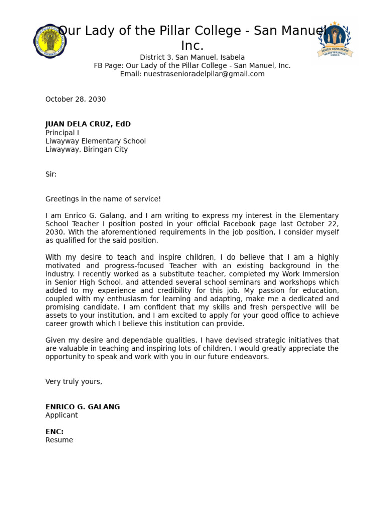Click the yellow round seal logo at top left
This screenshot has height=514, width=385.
[x=50, y=41]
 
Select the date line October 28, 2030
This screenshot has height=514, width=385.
[x=75, y=99]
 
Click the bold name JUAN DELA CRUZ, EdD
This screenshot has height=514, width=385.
[x=88, y=124]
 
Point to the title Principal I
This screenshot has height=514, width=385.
[x=62, y=133]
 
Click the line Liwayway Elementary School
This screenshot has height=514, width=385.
[x=95, y=141]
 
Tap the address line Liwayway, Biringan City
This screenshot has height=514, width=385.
[x=86, y=149]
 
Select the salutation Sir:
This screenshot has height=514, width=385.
[x=51, y=174]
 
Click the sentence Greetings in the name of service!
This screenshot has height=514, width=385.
[x=103, y=199]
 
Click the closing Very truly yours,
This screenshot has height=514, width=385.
[x=73, y=381]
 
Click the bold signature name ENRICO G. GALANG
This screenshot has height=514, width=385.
[x=82, y=407]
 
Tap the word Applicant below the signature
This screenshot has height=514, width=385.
[x=61, y=415]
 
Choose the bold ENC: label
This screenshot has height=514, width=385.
[x=54, y=432]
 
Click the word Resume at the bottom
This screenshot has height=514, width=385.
[x=59, y=440]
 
